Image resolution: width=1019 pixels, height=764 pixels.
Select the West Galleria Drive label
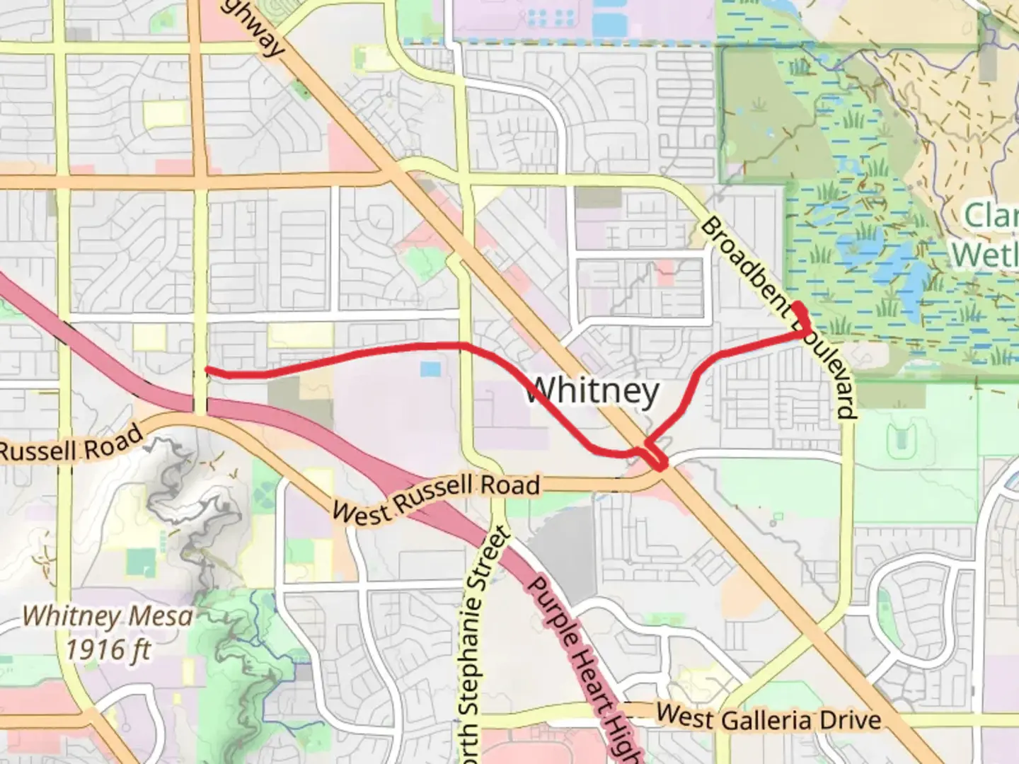pyautogui.click(x=768, y=718)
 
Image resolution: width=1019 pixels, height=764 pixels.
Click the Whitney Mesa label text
pyautogui.click(x=108, y=616)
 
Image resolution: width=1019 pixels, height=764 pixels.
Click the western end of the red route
pyautogui.click(x=206, y=369)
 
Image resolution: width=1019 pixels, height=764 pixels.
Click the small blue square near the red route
pyautogui.click(x=430, y=369)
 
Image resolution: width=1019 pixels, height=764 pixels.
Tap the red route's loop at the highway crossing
pyautogui.click(x=655, y=456)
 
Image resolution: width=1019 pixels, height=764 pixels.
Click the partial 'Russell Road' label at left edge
pyautogui.click(x=71, y=445)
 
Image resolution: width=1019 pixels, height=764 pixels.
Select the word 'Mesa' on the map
pyautogui.click(x=161, y=616)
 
